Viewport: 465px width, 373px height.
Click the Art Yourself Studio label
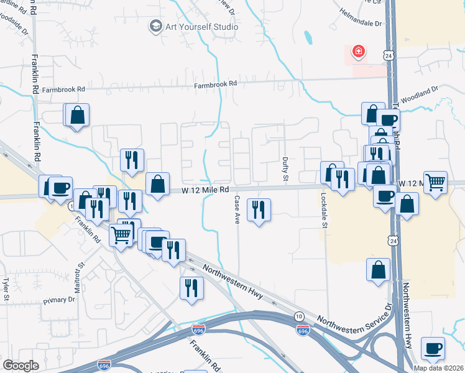coord(201,27)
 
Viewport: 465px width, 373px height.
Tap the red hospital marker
coord(359,51)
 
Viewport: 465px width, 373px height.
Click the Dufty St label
coord(286,170)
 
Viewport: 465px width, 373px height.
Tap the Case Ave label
coord(237,209)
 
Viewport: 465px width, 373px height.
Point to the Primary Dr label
coord(59,300)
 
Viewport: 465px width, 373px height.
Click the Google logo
coord(21,366)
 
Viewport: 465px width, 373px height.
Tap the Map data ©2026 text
coord(438,368)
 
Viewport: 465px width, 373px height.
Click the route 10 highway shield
coord(300,317)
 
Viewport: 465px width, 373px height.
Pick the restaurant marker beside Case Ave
coord(259,210)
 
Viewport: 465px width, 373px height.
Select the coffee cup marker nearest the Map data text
coord(433,349)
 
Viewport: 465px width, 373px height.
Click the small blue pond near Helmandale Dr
coord(308,38)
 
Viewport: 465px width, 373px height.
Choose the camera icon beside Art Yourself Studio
coord(154,27)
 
